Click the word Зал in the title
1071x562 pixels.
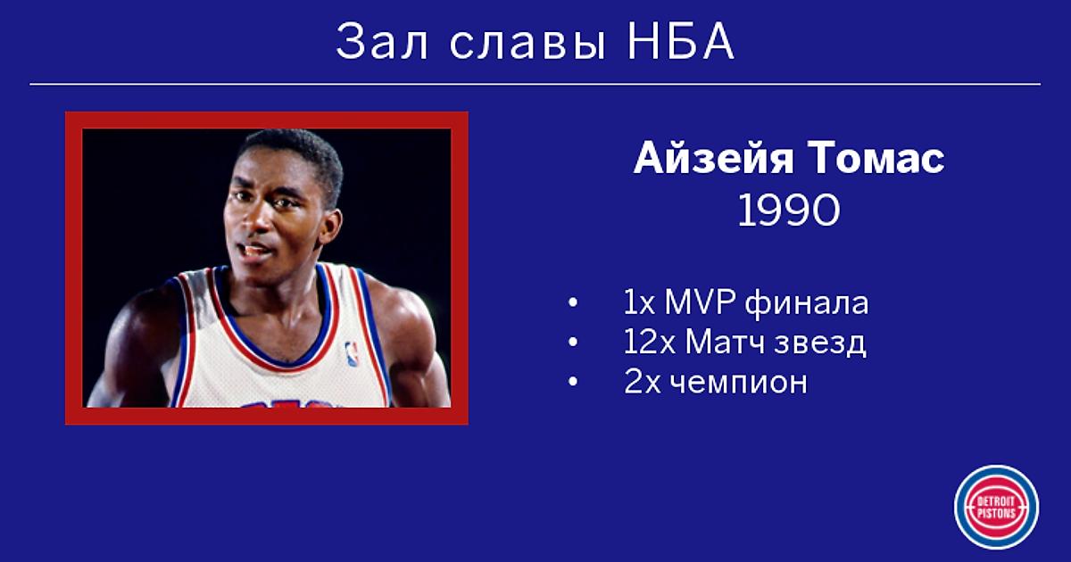[x=382, y=42]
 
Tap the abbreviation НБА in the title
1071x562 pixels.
[x=681, y=42]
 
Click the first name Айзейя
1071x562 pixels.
[x=713, y=158]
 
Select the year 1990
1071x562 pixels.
[x=788, y=211]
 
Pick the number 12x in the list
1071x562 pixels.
[x=649, y=343]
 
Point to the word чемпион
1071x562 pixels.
[x=738, y=384]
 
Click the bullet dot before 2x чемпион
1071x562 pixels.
[x=573, y=382]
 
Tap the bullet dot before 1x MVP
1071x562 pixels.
[x=573, y=303]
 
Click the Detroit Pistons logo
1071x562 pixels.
[x=996, y=507]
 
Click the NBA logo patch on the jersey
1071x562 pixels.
[x=352, y=354]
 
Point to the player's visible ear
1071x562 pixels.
[x=330, y=227]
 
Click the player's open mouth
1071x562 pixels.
[x=256, y=251]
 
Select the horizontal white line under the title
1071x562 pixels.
[x=535, y=84]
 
